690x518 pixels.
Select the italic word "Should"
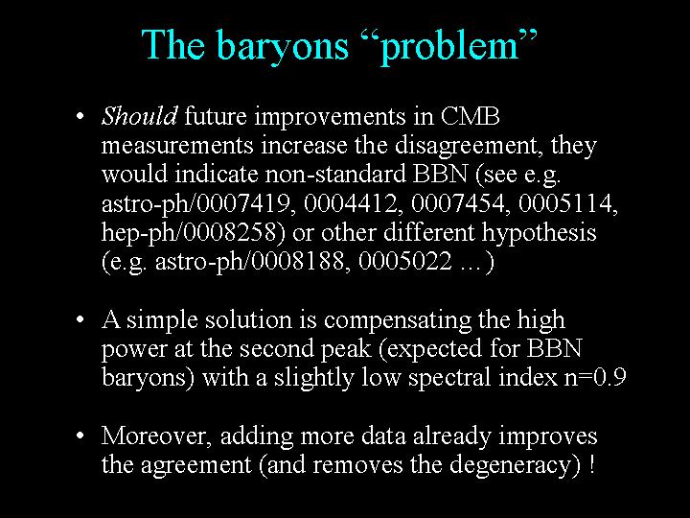[x=140, y=116]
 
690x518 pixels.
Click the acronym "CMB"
[x=470, y=116]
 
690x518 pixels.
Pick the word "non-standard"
[x=334, y=174]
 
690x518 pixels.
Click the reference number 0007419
[x=243, y=203]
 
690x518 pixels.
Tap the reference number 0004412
[x=351, y=203]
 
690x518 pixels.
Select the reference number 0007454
[x=458, y=203]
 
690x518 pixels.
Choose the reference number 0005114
[x=565, y=203]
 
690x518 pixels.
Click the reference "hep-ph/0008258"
[x=189, y=232]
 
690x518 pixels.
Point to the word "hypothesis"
[x=539, y=233]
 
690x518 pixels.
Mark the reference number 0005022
[x=405, y=261]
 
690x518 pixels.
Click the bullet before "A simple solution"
[x=80, y=319]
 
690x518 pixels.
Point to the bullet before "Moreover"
[x=80, y=436]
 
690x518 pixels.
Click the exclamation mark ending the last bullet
[x=591, y=464]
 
